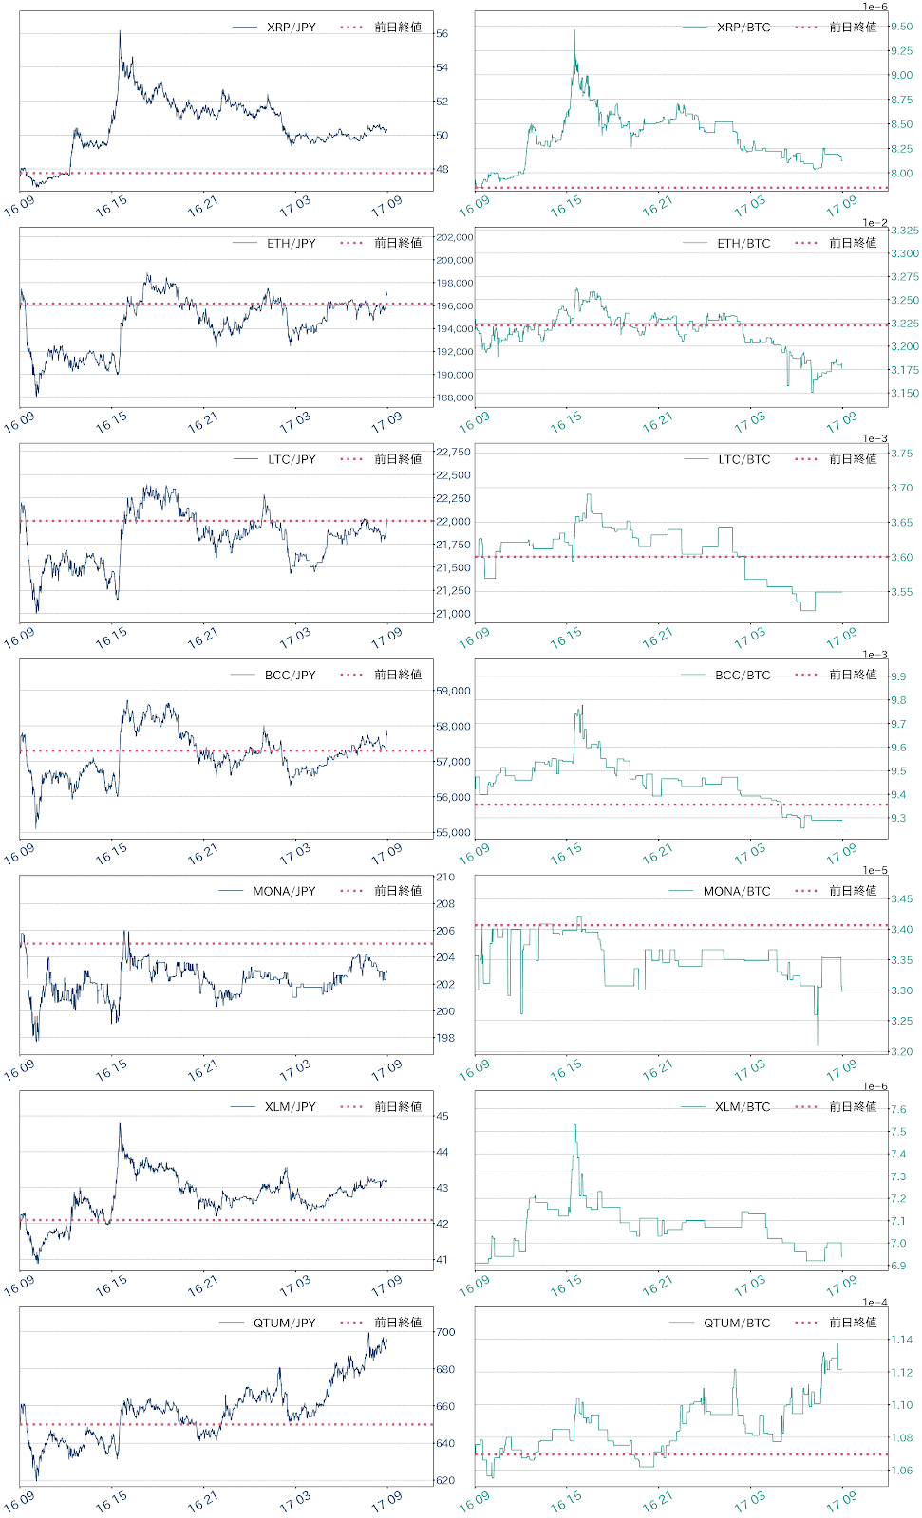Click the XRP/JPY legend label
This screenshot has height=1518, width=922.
click(291, 28)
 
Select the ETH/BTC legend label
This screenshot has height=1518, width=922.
click(743, 244)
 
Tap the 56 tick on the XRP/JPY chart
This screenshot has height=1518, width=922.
click(442, 34)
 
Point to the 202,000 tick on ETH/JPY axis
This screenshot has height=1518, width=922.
click(454, 237)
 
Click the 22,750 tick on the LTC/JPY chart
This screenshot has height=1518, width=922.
click(453, 453)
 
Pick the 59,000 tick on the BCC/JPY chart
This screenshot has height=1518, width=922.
click(453, 692)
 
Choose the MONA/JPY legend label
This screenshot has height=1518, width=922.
click(284, 891)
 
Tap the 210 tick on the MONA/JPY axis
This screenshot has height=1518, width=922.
click(445, 878)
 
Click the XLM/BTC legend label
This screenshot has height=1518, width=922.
click(743, 1107)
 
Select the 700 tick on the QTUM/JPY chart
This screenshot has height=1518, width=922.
click(445, 1332)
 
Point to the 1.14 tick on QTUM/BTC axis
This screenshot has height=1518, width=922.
click(901, 1341)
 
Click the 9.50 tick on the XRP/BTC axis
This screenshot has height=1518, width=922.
click(901, 27)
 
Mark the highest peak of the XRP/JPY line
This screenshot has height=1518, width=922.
click(120, 31)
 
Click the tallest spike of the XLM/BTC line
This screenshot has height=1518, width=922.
click(574, 1125)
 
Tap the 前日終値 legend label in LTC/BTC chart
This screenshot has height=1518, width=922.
click(853, 459)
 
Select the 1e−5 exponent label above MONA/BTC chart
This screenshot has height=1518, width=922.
click(875, 870)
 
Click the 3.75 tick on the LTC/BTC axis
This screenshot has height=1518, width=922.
click(901, 454)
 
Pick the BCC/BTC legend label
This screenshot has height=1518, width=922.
click(743, 676)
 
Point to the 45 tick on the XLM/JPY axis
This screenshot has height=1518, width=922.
click(442, 1117)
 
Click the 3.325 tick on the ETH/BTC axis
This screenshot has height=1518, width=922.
click(904, 231)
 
